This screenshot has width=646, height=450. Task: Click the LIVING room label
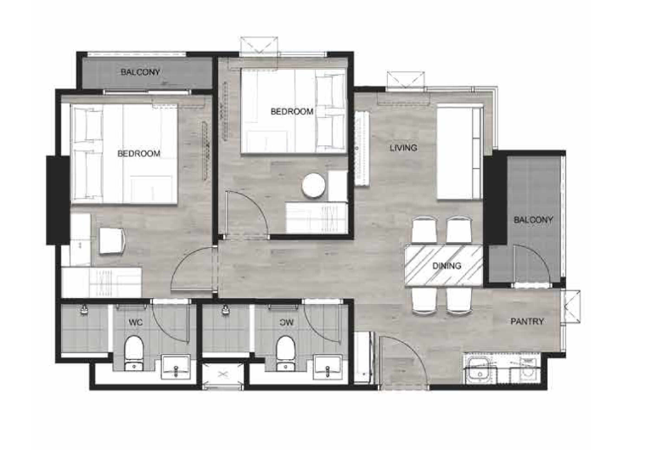tap(403, 148)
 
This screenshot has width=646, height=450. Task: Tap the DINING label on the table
tap(447, 266)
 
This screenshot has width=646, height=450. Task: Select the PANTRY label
tap(527, 322)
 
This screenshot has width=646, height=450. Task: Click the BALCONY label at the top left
tap(140, 72)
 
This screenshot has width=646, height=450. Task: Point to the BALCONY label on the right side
tap(533, 220)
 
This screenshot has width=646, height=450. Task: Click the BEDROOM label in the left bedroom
tap(139, 154)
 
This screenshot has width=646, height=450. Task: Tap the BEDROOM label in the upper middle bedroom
tap(292, 111)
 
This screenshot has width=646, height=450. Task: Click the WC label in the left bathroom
tap(136, 323)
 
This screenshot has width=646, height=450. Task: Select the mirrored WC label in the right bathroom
tap(286, 323)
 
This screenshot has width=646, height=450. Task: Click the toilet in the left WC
tap(133, 353)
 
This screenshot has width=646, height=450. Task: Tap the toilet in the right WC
tap(285, 353)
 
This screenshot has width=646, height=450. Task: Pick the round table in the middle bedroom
tap(314, 185)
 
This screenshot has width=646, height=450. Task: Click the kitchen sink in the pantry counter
tap(480, 369)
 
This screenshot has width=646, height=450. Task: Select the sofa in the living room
tap(460, 153)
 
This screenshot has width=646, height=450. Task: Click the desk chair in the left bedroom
tap(112, 240)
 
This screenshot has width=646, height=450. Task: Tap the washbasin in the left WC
tap(176, 367)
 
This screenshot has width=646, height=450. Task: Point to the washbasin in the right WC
tap(328, 367)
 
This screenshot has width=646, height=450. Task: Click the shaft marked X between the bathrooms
tap(223, 374)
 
